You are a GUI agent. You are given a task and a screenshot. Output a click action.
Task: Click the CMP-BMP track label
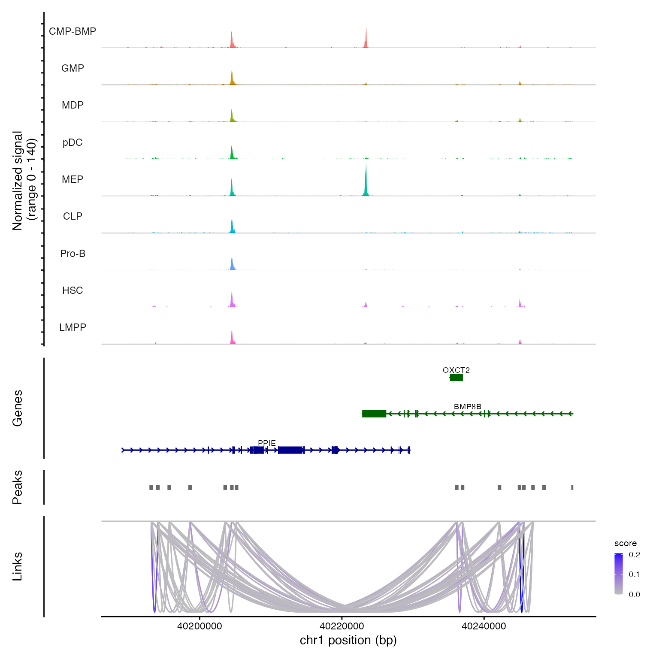[73, 31]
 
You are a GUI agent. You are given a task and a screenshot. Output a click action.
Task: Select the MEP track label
[73, 179]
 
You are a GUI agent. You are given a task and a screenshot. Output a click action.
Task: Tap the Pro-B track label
[73, 254]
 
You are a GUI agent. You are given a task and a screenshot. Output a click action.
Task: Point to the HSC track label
[73, 290]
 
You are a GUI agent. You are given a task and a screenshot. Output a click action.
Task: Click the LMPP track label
[73, 327]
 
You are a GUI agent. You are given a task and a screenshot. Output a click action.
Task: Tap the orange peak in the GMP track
[232, 77]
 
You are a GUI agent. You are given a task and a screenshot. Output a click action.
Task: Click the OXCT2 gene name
[456, 370]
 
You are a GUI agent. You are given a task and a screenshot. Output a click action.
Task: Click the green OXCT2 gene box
[456, 378]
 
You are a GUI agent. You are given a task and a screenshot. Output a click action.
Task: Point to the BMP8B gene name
[467, 406]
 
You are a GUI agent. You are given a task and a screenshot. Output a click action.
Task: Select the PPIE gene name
[267, 443]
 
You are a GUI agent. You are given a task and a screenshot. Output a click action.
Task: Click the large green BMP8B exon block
[374, 414]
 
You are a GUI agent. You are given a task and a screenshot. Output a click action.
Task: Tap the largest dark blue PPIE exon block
[290, 450]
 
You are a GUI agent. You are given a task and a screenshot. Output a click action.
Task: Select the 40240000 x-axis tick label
[484, 626]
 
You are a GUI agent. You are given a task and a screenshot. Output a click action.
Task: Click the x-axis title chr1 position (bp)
[348, 640]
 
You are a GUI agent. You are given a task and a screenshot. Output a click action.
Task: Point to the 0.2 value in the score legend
[634, 555]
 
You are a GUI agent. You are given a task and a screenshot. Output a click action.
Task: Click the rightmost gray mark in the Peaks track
[572, 487]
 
